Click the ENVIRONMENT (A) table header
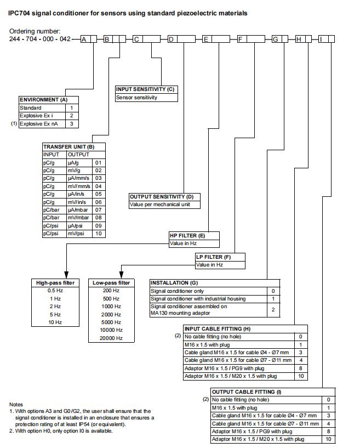click(44, 100)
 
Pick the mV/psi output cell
click(76, 234)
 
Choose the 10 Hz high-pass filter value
click(55, 322)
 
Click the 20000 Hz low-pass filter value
click(111, 338)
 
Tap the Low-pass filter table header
click(111, 283)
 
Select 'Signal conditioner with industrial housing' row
click(198, 299)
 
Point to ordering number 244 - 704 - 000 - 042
click(40, 39)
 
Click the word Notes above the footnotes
click(16, 404)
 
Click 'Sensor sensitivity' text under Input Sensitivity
click(136, 98)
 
